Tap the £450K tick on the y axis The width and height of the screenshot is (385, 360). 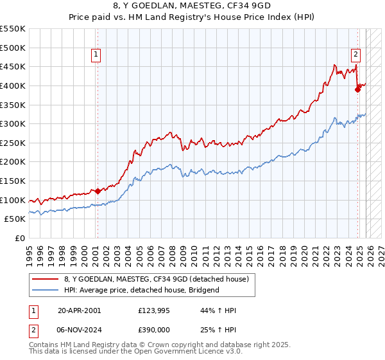(13, 66)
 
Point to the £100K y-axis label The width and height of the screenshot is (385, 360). (13, 200)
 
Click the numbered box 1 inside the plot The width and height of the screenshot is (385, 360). (96, 55)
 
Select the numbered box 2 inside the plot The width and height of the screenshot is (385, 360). (355, 55)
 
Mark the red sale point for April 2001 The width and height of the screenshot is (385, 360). (98, 191)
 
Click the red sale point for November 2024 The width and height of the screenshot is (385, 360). (358, 89)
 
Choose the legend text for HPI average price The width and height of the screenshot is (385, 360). (142, 290)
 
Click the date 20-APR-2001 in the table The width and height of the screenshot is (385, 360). (80, 310)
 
